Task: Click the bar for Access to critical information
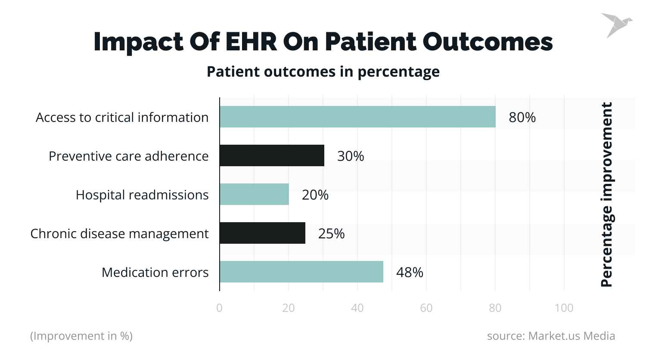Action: (x=357, y=117)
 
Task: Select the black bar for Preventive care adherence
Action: (x=272, y=155)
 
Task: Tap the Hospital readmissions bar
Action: (x=254, y=194)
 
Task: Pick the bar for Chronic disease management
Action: (x=262, y=233)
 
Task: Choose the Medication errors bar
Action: (x=301, y=272)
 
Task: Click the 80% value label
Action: (x=522, y=117)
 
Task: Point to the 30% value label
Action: (x=350, y=156)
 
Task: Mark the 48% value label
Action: (x=409, y=272)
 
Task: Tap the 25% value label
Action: (x=331, y=233)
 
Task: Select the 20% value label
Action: (x=315, y=195)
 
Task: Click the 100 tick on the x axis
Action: (x=564, y=308)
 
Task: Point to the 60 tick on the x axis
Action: (x=426, y=308)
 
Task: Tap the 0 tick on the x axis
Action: (x=220, y=308)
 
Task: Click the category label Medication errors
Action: (x=155, y=272)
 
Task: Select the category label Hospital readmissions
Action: (x=142, y=195)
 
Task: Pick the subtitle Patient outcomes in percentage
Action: (x=323, y=71)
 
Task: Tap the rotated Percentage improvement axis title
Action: (x=606, y=195)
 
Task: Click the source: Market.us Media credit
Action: (x=551, y=336)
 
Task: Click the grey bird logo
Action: (x=616, y=25)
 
